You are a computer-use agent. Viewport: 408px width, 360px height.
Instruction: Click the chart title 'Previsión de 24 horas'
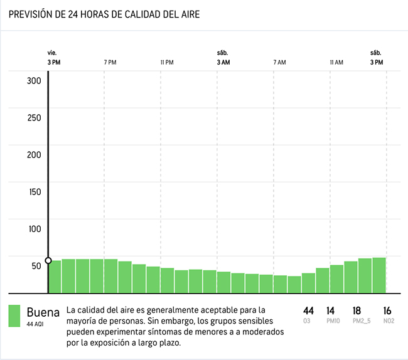pyautogui.click(x=104, y=14)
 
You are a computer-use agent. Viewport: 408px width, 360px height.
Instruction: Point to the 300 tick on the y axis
pyautogui.click(x=34, y=80)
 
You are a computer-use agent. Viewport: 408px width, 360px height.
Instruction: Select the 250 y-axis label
pyautogui.click(x=34, y=117)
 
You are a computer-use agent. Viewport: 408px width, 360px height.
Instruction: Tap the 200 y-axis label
pyautogui.click(x=34, y=154)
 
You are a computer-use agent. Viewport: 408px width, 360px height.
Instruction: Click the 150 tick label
pyautogui.click(x=34, y=191)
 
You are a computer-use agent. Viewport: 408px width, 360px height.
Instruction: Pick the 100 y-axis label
pyautogui.click(x=34, y=228)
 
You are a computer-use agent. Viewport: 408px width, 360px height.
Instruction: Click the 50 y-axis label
pyautogui.click(x=36, y=265)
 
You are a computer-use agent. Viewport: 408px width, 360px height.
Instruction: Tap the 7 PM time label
pyautogui.click(x=110, y=62)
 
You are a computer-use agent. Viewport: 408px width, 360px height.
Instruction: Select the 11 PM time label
pyautogui.click(x=166, y=62)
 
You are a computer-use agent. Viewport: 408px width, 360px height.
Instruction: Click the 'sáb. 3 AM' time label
pyautogui.click(x=223, y=58)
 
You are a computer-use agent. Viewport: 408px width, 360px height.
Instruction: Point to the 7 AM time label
pyautogui.click(x=279, y=62)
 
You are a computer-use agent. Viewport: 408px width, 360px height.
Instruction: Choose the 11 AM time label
pyautogui.click(x=336, y=62)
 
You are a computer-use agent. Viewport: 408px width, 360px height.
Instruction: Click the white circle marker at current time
pyautogui.click(x=48, y=260)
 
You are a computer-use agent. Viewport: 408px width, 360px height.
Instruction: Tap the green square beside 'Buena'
pyautogui.click(x=14, y=316)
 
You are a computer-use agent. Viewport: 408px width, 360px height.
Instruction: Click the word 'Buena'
pyautogui.click(x=43, y=312)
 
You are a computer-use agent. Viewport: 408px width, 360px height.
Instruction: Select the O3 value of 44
pyautogui.click(x=308, y=310)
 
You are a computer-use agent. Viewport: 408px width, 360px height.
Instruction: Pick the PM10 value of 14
pyautogui.click(x=331, y=310)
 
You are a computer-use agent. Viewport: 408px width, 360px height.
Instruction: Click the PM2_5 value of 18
pyautogui.click(x=357, y=310)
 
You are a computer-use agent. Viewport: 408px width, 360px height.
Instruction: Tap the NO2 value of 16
pyautogui.click(x=387, y=310)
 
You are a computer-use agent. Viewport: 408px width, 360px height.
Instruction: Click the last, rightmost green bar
pyautogui.click(x=378, y=275)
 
